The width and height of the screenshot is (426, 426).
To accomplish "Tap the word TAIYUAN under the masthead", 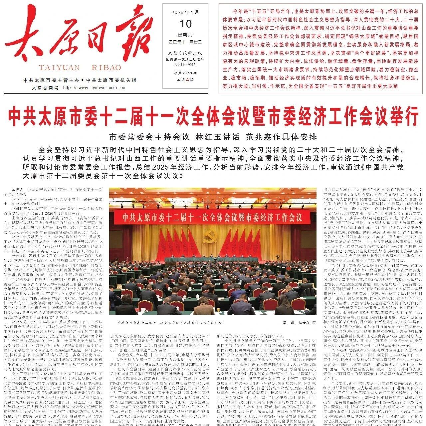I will [58, 68].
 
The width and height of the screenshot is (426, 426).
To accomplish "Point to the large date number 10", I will [185, 24].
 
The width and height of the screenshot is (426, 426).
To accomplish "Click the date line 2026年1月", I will [185, 12].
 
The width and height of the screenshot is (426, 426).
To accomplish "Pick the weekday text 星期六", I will [185, 35].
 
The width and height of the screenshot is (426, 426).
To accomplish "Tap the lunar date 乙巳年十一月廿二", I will [185, 42].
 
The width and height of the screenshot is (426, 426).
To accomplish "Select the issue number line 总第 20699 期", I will [185, 73].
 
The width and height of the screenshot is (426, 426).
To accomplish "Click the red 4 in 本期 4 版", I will [187, 80].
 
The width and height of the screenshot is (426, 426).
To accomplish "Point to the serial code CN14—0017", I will [185, 64].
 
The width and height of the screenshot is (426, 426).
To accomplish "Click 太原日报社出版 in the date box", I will [185, 53].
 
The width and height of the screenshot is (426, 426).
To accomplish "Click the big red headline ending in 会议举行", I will [213, 117].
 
